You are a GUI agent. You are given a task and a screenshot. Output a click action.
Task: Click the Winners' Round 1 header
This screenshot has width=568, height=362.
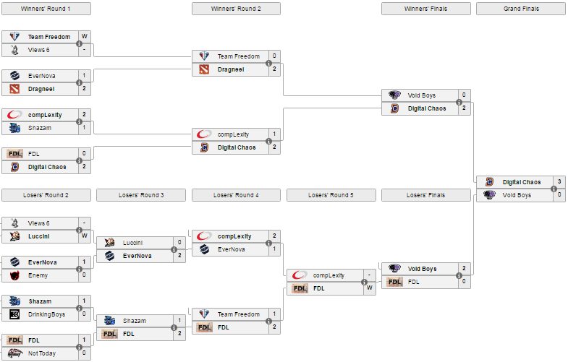[x=46, y=9]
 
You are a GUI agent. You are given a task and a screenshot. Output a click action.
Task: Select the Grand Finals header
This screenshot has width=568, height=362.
[x=521, y=9]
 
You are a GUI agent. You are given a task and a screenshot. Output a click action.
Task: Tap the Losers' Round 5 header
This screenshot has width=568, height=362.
[x=331, y=195]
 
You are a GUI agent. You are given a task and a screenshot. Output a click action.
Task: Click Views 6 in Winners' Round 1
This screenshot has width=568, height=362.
[x=39, y=50]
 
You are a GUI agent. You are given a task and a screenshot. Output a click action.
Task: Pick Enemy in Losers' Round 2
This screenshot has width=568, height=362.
[x=38, y=275]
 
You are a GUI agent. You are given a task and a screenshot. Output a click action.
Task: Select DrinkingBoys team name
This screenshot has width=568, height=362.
[x=47, y=314]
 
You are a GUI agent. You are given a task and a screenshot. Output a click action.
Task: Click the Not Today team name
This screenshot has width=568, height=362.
[x=42, y=353]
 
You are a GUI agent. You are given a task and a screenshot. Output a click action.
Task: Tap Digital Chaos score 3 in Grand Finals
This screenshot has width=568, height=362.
[x=559, y=181]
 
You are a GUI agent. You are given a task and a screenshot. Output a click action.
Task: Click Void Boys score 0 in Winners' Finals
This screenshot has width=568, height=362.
[x=464, y=95]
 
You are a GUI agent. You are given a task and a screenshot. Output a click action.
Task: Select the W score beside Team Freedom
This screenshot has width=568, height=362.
[x=85, y=37]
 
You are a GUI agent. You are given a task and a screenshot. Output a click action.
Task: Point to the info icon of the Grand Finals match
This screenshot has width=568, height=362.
[x=554, y=189]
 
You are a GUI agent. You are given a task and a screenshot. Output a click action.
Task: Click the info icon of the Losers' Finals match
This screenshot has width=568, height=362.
[x=459, y=275]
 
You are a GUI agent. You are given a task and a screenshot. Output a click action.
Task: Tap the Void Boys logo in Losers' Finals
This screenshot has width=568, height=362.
[x=394, y=269]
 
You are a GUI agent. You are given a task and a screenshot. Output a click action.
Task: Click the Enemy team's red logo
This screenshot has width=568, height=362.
[x=14, y=275]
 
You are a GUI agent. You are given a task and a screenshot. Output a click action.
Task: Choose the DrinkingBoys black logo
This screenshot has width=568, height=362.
[x=14, y=314]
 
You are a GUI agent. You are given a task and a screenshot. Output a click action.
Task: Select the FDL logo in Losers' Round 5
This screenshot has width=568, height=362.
[x=300, y=288]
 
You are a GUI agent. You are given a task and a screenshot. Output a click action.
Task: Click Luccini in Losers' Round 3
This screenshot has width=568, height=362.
[x=132, y=243]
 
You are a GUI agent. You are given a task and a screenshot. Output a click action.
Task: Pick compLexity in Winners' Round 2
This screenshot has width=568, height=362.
[x=233, y=134]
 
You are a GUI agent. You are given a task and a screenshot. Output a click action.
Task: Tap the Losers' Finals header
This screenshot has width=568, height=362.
[x=426, y=195]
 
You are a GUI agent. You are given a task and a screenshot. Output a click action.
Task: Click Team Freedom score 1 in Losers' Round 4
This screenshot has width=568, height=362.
[x=274, y=314]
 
